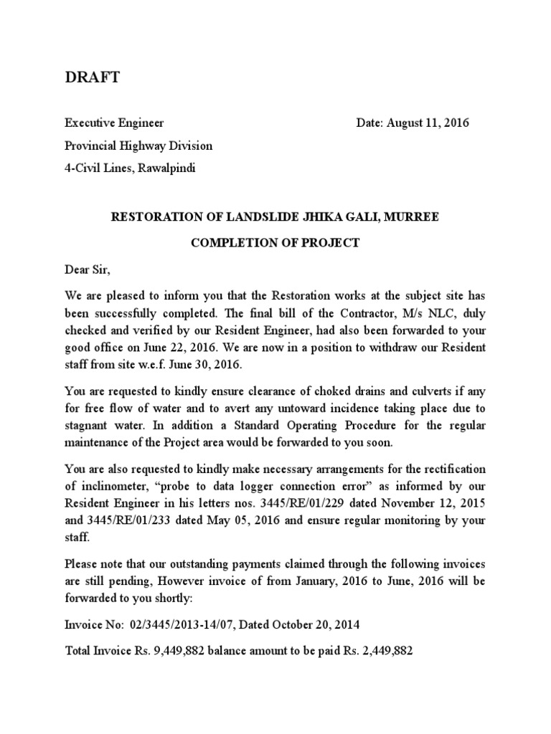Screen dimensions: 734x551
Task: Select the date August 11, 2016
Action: [x=429, y=123]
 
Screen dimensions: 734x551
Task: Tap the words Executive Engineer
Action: [x=114, y=123]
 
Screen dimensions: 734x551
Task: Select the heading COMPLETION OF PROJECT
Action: [x=275, y=243]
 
